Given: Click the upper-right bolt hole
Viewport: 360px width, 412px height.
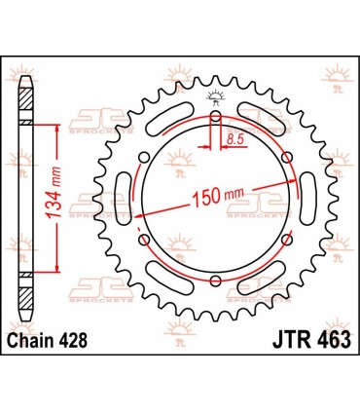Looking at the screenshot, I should pyautogui.click(x=284, y=159).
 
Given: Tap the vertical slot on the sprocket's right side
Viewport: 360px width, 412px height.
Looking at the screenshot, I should pyautogui.click(x=304, y=200).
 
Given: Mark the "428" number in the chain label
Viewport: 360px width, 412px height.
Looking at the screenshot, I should pyautogui.click(x=80, y=340).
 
